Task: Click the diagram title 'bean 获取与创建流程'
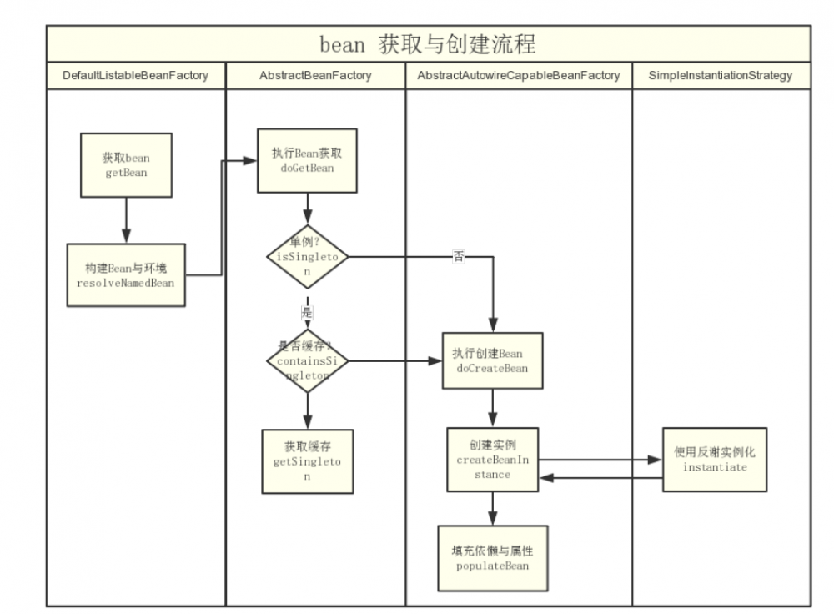[x=428, y=43]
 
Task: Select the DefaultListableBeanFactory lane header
[x=135, y=75]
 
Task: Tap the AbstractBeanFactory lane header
[x=315, y=75]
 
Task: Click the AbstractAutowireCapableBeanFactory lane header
[x=519, y=75]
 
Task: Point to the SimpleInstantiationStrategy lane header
[x=721, y=75]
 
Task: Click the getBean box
[x=126, y=165]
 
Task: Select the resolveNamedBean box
[x=126, y=275]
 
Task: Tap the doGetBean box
[x=307, y=160]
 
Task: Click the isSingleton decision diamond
[x=307, y=257]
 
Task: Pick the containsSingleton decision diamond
[x=307, y=361]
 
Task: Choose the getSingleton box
[x=307, y=461]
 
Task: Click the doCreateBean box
[x=492, y=360]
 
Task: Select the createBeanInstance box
[x=492, y=460]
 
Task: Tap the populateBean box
[x=492, y=558]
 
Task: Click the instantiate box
[x=715, y=460]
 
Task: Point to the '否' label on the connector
[x=459, y=256]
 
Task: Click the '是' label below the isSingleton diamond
[x=307, y=312]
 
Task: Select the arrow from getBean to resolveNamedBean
[x=126, y=220]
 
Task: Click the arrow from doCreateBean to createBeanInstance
[x=492, y=408]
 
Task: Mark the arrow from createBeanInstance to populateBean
[x=492, y=508]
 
